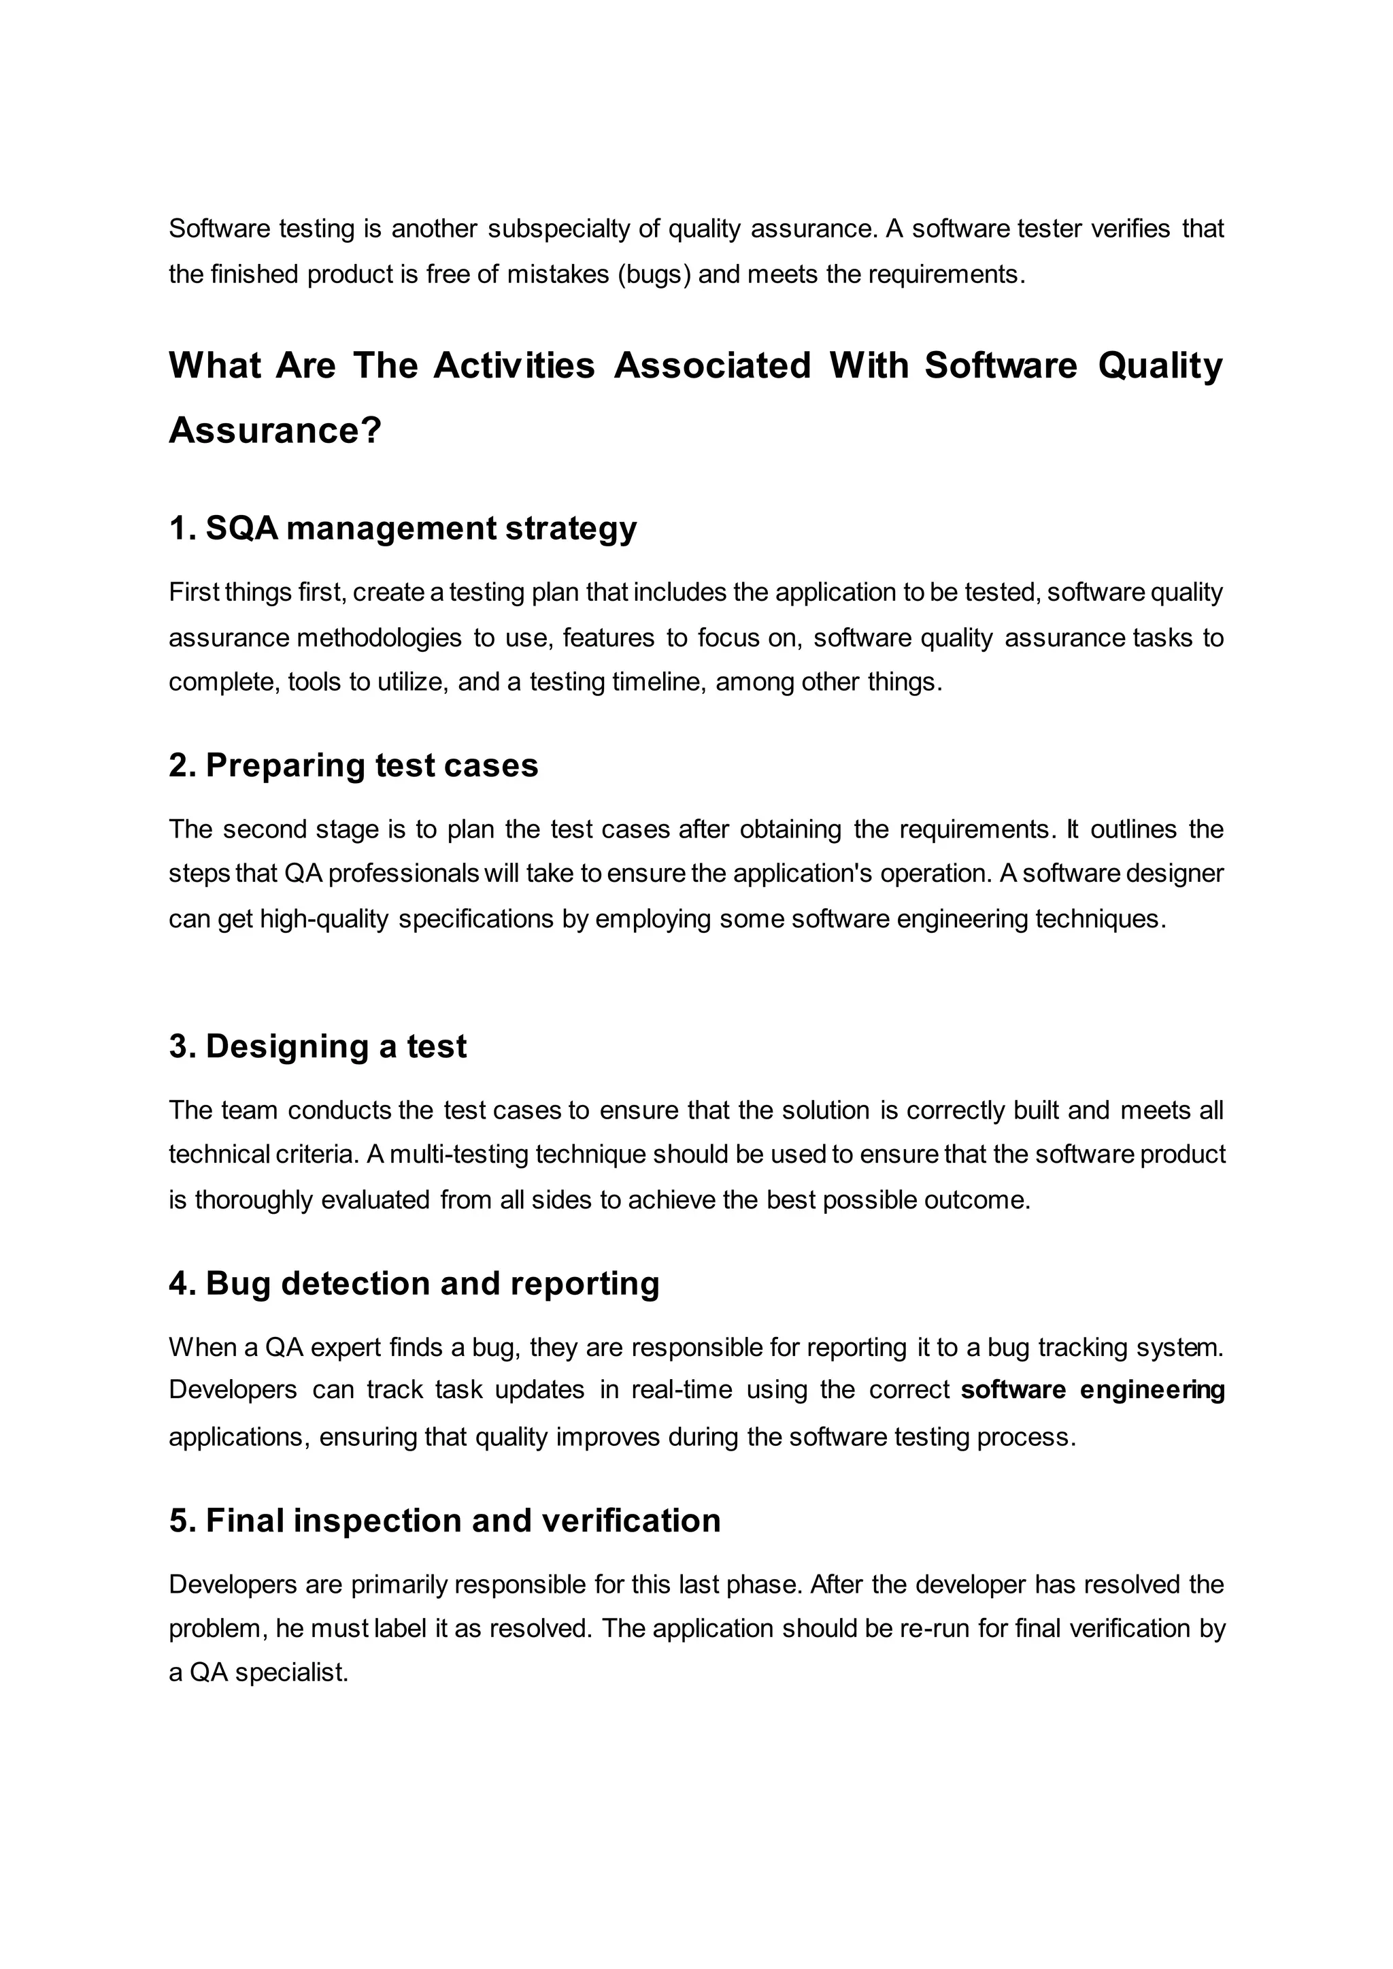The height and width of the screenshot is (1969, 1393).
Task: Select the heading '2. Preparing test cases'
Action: (x=354, y=765)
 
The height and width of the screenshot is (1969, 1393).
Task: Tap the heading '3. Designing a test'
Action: (x=318, y=1046)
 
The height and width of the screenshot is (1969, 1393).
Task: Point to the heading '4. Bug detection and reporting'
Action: (x=414, y=1283)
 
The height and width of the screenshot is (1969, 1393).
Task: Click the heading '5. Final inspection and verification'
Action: (x=444, y=1520)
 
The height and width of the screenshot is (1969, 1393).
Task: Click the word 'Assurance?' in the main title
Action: (x=275, y=430)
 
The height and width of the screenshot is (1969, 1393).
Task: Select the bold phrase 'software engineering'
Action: (x=1092, y=1389)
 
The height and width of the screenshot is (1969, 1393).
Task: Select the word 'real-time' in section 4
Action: (x=681, y=1389)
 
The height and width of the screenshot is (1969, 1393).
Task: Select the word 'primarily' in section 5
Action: (x=399, y=1584)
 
